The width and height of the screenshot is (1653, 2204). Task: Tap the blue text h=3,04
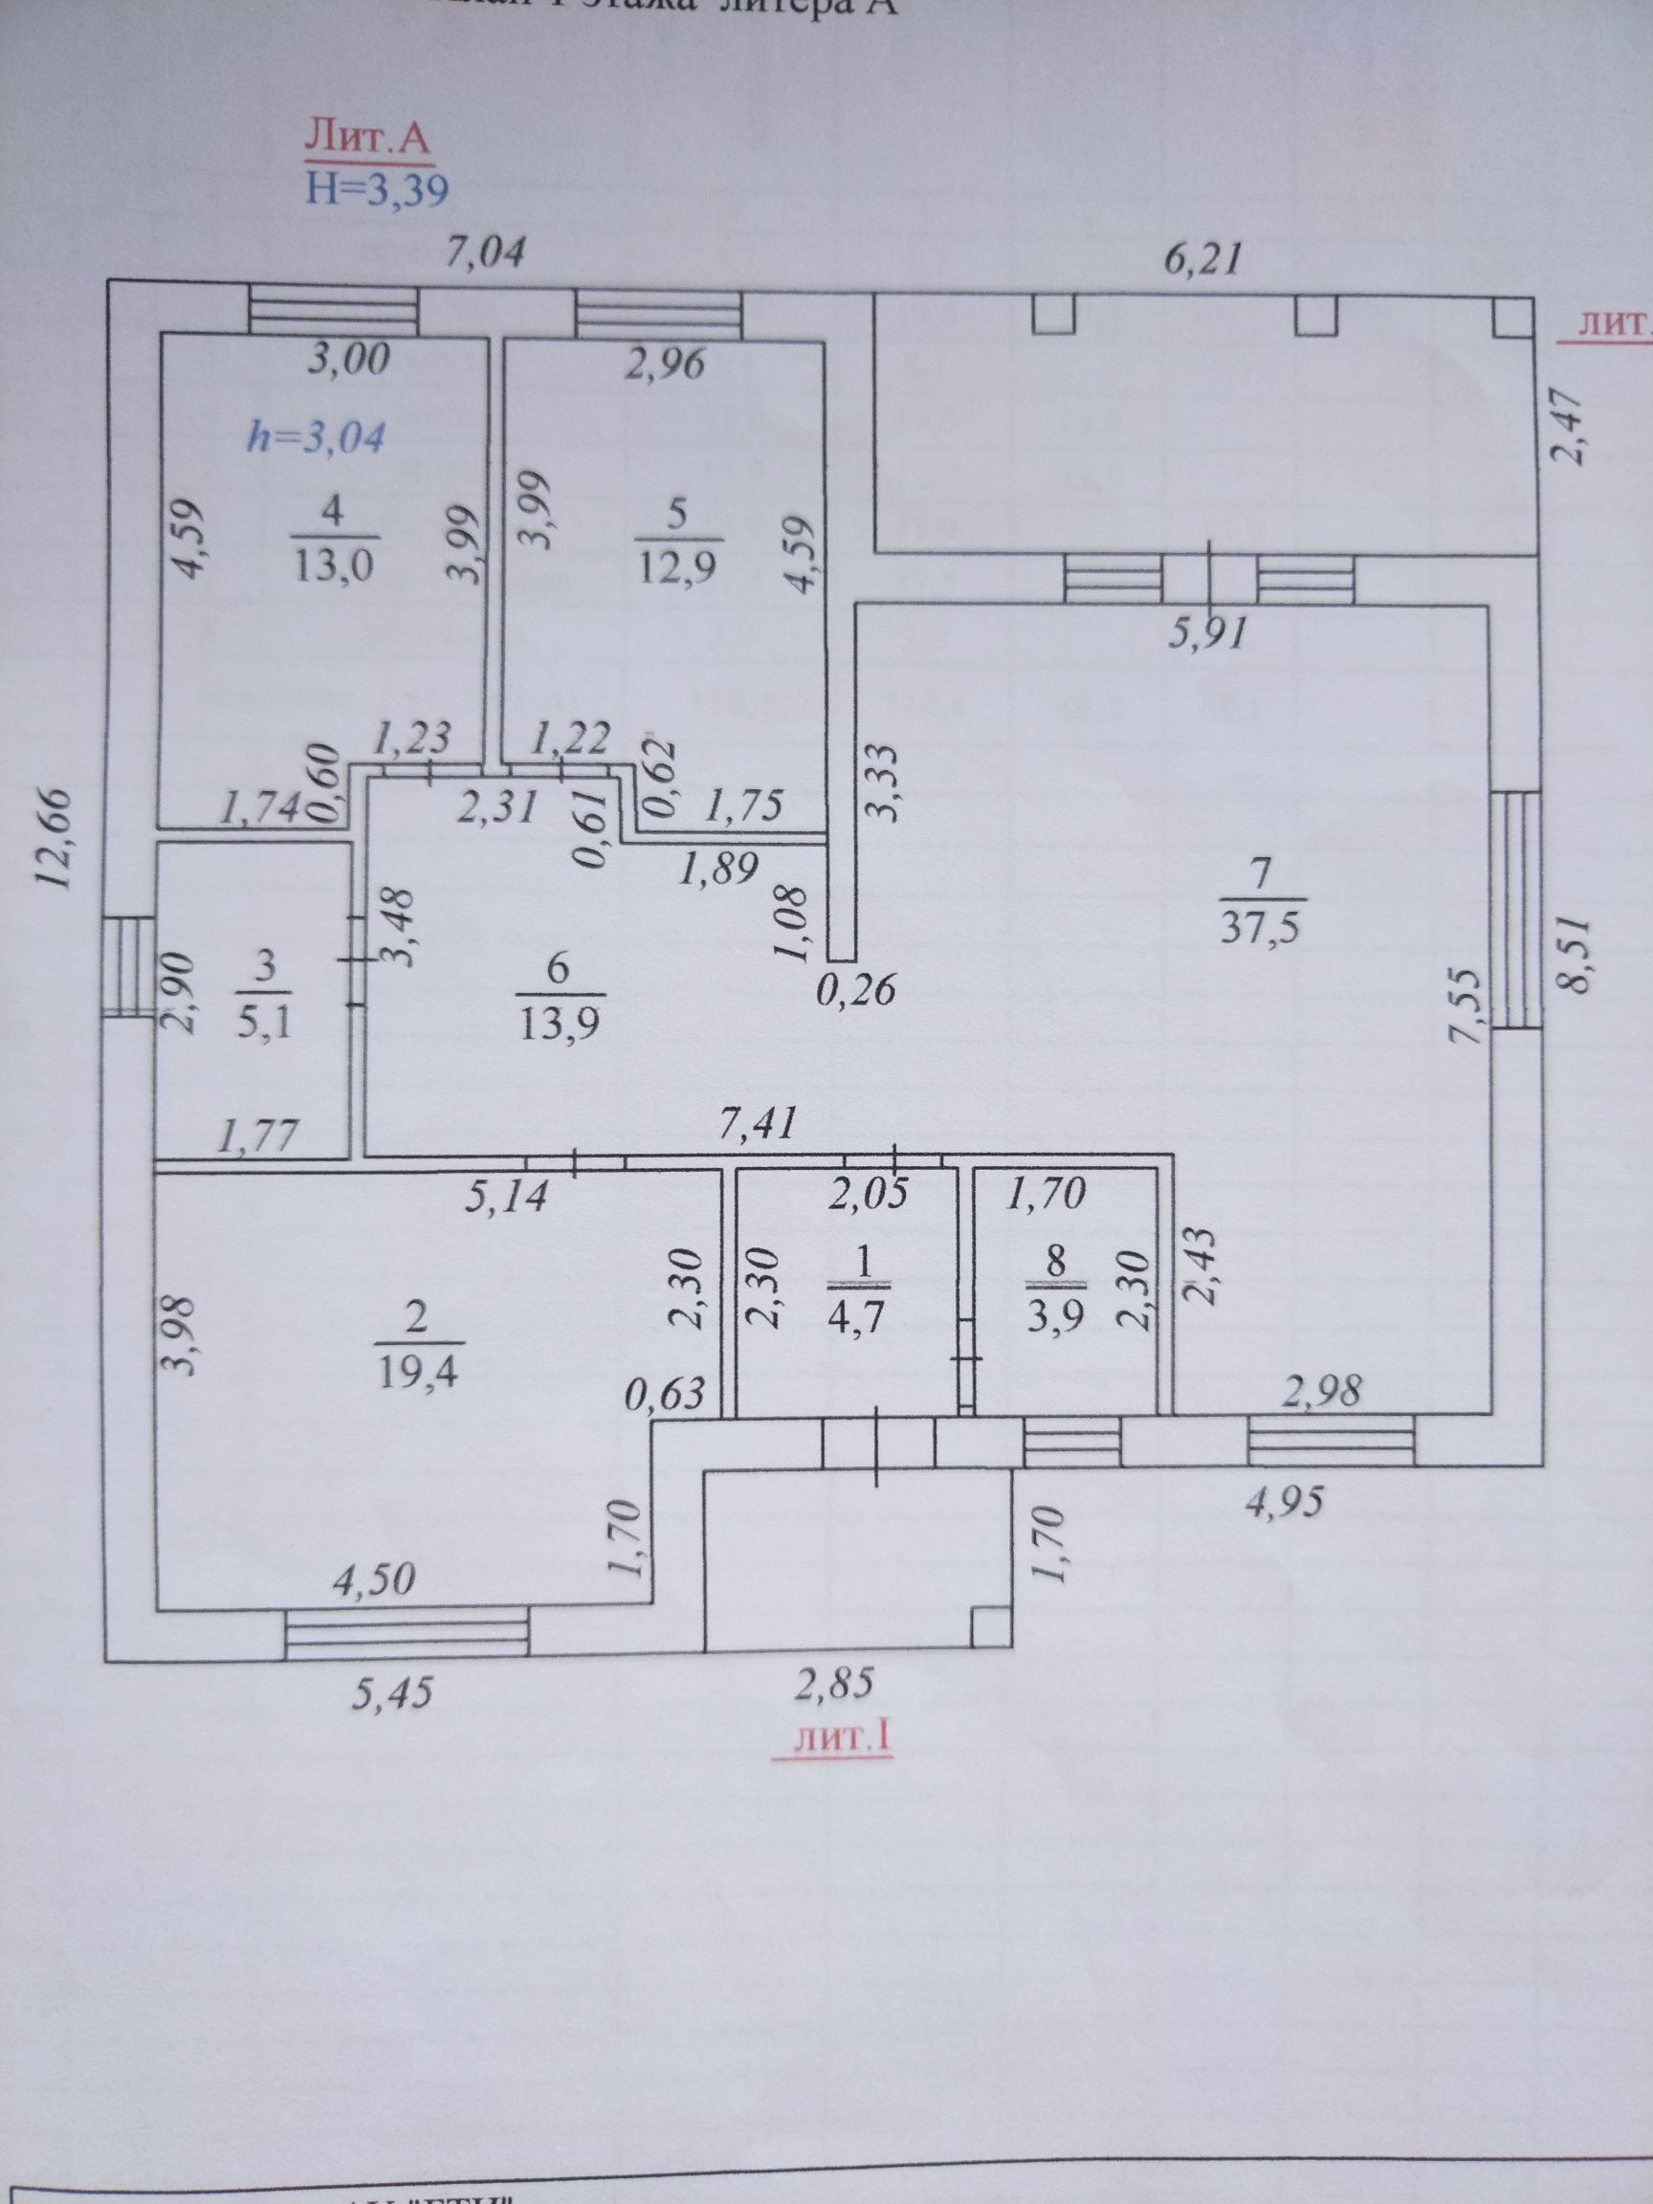[316, 437]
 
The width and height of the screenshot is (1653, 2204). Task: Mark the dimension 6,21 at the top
[1203, 261]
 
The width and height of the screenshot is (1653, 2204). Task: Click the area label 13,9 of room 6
[559, 1023]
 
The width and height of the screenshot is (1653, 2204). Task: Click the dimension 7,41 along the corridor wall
[759, 1125]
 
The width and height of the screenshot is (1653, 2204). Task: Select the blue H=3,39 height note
[377, 188]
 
